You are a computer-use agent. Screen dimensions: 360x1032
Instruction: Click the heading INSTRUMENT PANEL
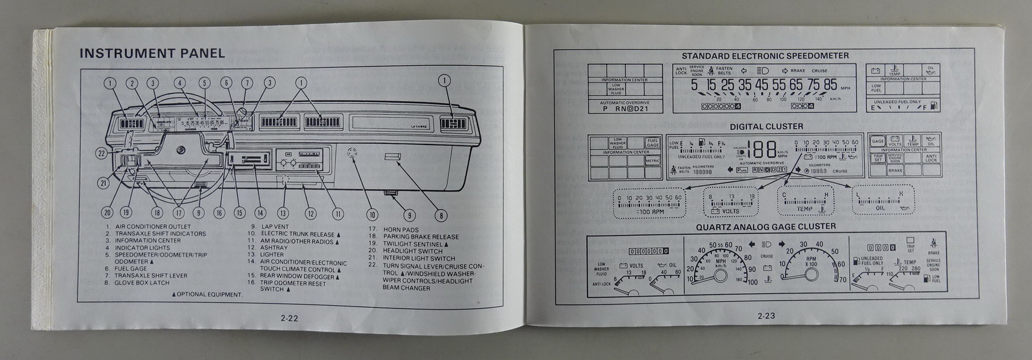click(152, 54)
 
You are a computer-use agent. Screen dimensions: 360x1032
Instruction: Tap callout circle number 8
click(440, 216)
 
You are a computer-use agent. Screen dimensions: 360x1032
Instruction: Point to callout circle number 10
click(372, 214)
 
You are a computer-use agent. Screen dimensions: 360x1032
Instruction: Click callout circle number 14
click(260, 213)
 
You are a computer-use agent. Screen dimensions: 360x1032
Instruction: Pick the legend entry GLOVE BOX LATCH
click(142, 283)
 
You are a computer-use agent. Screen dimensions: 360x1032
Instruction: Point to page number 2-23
click(766, 316)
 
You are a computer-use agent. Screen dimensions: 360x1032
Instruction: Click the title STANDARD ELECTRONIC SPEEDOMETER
click(765, 56)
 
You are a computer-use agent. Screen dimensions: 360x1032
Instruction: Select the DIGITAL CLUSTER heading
click(766, 126)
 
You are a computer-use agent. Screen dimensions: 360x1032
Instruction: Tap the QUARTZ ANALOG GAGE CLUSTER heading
click(765, 226)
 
